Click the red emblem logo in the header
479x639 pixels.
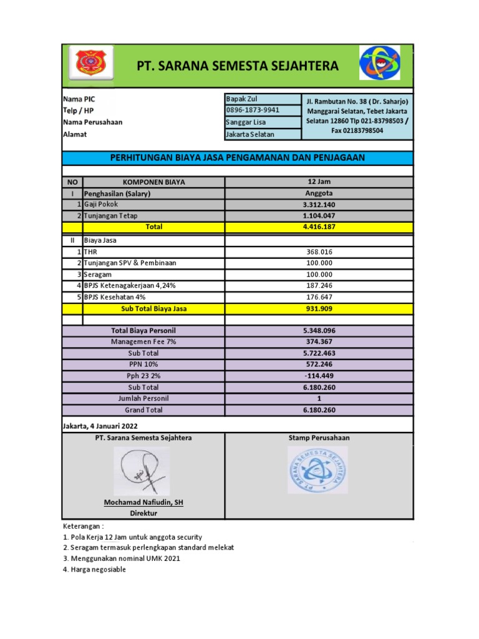pos(91,63)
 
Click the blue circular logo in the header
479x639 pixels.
pos(379,62)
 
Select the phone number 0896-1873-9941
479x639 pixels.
pos(253,110)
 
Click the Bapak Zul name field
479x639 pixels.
pos(241,99)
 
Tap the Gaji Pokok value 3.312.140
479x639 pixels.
pos(319,205)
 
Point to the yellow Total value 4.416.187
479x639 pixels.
pos(319,227)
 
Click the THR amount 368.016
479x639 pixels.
pos(319,252)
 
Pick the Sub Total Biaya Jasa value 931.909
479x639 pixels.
pos(319,308)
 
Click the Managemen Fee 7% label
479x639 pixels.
pos(143,342)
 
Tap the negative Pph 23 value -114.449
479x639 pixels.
pos(319,376)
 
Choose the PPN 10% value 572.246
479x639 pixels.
pos(319,364)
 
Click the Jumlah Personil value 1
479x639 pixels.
pos(319,399)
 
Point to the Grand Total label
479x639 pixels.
pos(143,410)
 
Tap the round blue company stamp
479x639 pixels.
pos(318,470)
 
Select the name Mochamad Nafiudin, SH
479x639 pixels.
pos(143,502)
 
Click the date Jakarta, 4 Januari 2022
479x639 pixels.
pos(100,426)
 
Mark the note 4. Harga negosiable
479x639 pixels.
pos(94,570)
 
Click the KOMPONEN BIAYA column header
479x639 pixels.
pos(153,182)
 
